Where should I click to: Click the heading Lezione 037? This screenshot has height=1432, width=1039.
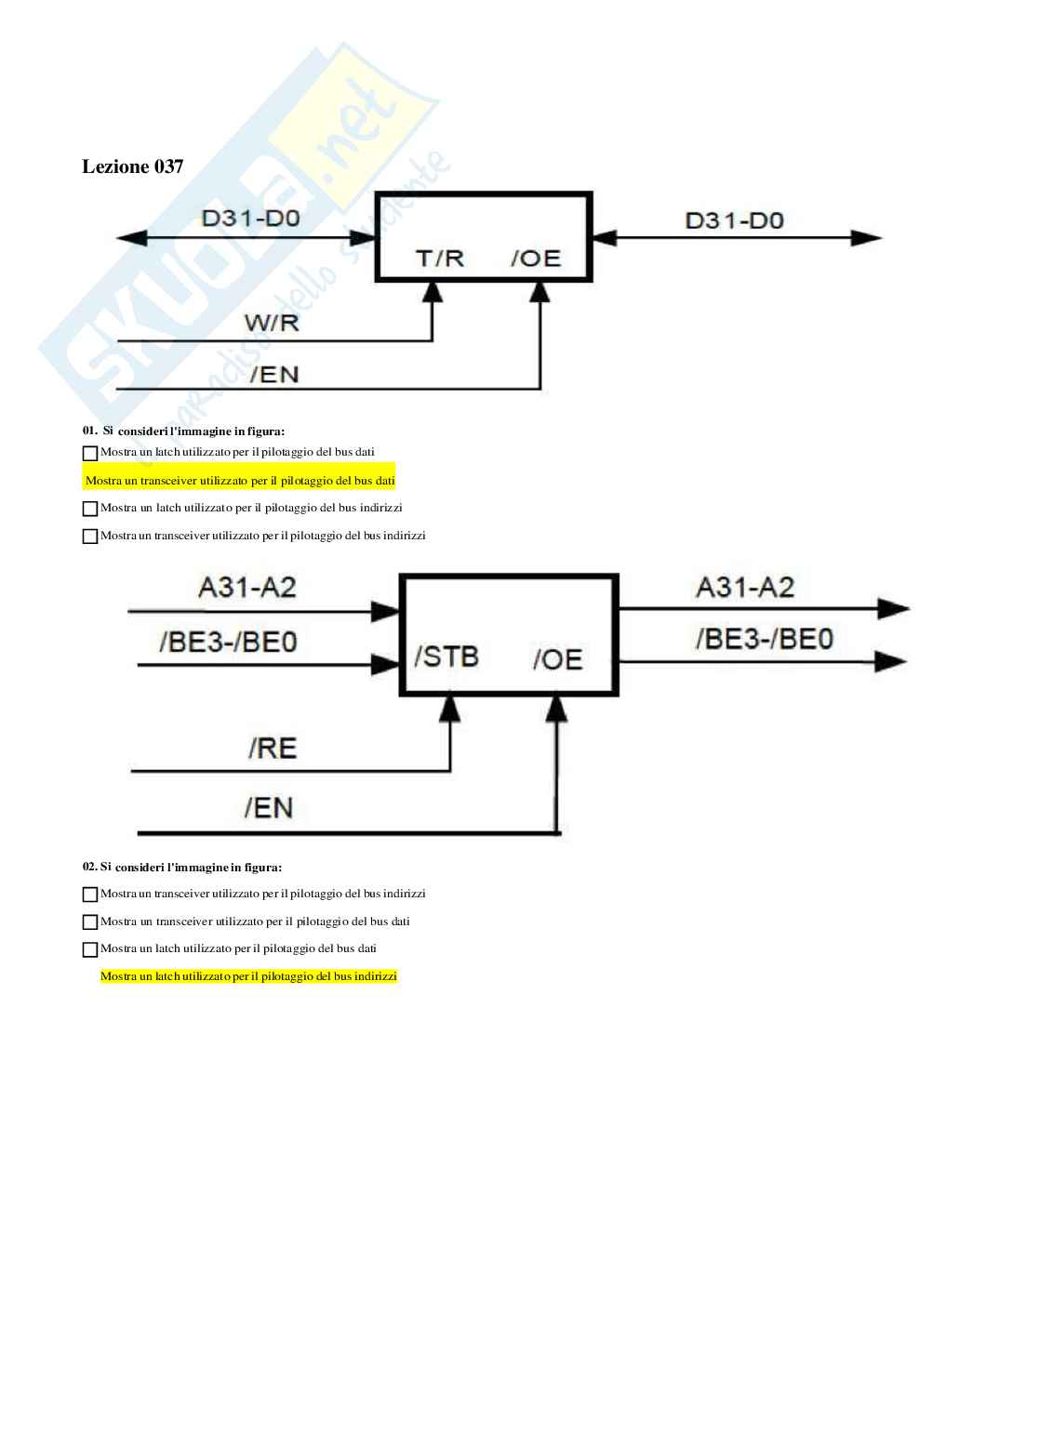pyautogui.click(x=133, y=166)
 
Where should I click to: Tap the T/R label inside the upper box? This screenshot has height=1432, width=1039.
pyautogui.click(x=439, y=258)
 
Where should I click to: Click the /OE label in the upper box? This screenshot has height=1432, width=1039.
pyautogui.click(x=536, y=258)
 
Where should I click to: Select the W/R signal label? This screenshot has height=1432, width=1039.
pyautogui.click(x=272, y=324)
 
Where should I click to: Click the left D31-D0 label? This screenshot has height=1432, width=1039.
pyautogui.click(x=251, y=219)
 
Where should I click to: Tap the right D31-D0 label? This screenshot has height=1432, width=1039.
pyautogui.click(x=734, y=220)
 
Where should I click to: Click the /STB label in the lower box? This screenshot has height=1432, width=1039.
pyautogui.click(x=446, y=656)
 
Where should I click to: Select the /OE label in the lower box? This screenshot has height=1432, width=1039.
pyautogui.click(x=557, y=659)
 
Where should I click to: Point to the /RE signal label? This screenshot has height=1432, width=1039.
pyautogui.click(x=272, y=748)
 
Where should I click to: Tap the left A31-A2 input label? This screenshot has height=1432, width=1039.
pyautogui.click(x=247, y=587)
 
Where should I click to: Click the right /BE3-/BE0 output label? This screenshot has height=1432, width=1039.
pyautogui.click(x=765, y=639)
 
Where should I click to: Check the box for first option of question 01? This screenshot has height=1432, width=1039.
pyautogui.click(x=90, y=454)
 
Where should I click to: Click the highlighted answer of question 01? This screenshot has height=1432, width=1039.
pyautogui.click(x=240, y=481)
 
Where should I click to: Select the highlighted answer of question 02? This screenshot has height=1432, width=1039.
pyautogui.click(x=248, y=976)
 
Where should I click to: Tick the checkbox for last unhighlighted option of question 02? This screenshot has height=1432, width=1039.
pyautogui.click(x=90, y=950)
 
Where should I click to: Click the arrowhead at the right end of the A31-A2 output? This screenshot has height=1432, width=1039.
pyautogui.click(x=893, y=609)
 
